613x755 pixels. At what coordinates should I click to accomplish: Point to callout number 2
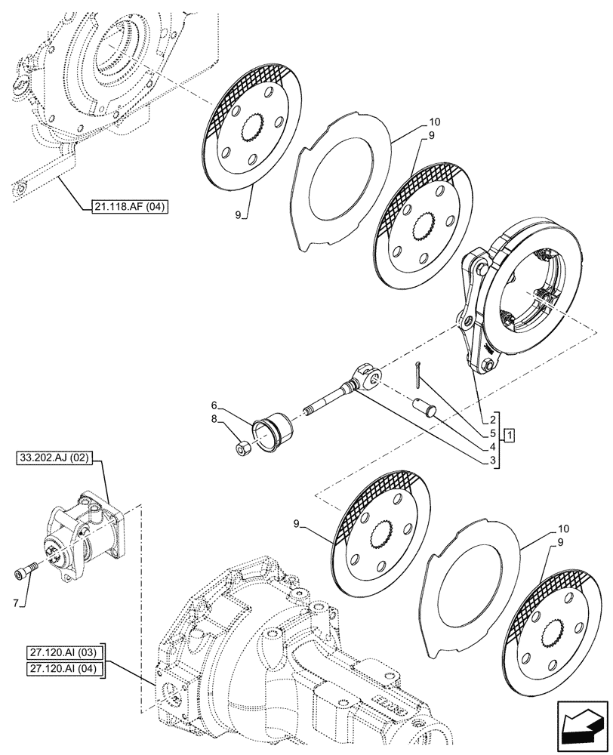491,418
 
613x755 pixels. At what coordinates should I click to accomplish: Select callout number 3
491,460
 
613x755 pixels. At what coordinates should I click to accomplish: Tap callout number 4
491,446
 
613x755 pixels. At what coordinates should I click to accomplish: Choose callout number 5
491,433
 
